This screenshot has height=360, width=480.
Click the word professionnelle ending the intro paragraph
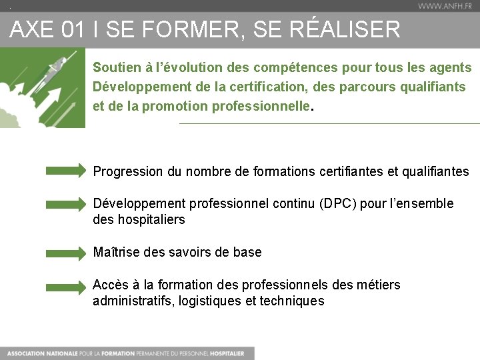point(261,106)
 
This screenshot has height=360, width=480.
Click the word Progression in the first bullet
point(127,171)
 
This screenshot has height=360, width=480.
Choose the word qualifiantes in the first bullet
point(436,171)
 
